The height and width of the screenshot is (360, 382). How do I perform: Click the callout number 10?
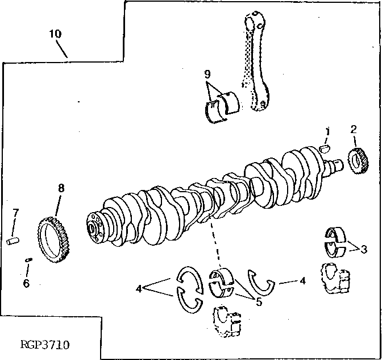pos(55,34)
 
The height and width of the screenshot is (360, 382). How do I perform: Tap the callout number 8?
pos(61,187)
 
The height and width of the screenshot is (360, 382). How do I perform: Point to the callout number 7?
pos(16,213)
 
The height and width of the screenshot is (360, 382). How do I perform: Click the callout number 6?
pos(26,282)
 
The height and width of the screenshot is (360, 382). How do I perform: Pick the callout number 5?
pos(259,302)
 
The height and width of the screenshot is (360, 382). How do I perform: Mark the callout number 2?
pos(354,129)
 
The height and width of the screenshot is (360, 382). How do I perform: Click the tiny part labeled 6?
pos(29,260)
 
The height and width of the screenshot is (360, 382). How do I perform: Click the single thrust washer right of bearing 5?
pos(261,281)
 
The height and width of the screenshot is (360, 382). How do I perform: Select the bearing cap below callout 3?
pos(337,279)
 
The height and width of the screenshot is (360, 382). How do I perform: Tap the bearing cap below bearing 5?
pos(227,322)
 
